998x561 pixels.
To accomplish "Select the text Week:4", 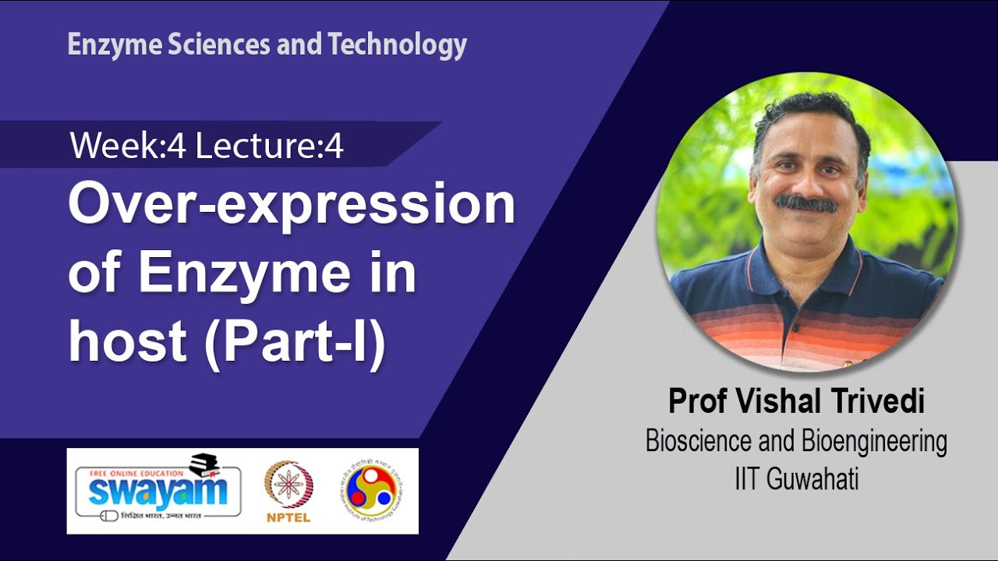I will [x=128, y=146].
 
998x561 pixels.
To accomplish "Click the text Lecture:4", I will [x=269, y=146].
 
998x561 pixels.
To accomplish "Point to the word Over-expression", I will [x=292, y=205].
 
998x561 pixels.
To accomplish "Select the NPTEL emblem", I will [x=288, y=484].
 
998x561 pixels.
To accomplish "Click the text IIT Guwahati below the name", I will [x=796, y=478].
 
